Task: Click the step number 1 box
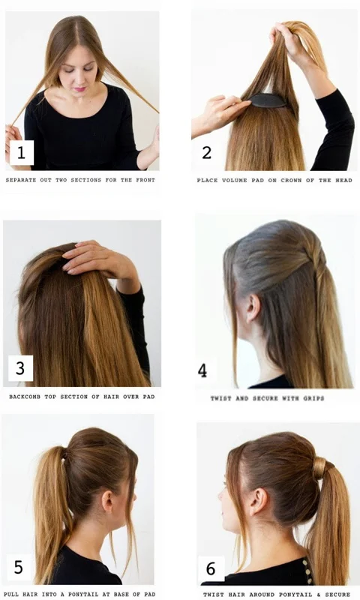(22, 153)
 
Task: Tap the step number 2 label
(206, 153)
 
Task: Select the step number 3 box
(20, 368)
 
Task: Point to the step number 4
(202, 370)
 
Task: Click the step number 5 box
(18, 567)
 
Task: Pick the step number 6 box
(211, 568)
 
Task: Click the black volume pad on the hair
(268, 100)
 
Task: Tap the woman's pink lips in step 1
(79, 89)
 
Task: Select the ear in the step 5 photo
(107, 501)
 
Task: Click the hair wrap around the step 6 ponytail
(319, 468)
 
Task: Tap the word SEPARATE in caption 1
(21, 180)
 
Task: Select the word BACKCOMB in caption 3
(25, 397)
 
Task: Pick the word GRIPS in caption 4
(313, 398)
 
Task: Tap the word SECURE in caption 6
(337, 595)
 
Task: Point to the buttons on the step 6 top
(306, 571)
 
